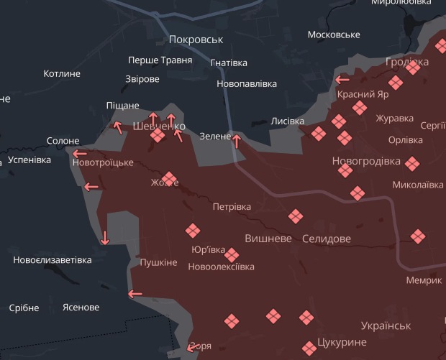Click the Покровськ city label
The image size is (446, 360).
pyautogui.click(x=196, y=40)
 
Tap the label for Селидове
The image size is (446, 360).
pyautogui.click(x=327, y=238)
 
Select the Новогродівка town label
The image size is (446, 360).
pyautogui.click(x=366, y=161)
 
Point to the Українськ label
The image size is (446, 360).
pyautogui.click(x=386, y=326)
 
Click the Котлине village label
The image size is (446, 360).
pyautogui.click(x=62, y=73)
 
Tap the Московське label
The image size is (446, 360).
pyautogui.click(x=333, y=35)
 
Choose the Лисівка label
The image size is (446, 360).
pyautogui.click(x=287, y=121)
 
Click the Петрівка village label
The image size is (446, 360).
pyautogui.click(x=232, y=207)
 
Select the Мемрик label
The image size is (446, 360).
pyautogui.click(x=424, y=280)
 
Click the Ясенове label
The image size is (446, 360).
pyautogui.click(x=81, y=308)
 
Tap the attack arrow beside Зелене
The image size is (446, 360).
pyautogui.click(x=236, y=140)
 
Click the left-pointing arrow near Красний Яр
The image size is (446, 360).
pyautogui.click(x=342, y=80)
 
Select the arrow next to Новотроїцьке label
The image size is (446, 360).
pyautogui.click(x=78, y=152)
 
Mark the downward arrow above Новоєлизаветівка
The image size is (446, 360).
pyautogui.click(x=105, y=238)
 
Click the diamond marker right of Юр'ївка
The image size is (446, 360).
pyautogui.click(x=232, y=254)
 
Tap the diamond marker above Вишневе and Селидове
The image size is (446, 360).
pyautogui.click(x=296, y=216)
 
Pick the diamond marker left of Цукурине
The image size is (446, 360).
pyautogui.click(x=307, y=317)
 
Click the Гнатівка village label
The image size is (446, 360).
pyautogui.click(x=229, y=63)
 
